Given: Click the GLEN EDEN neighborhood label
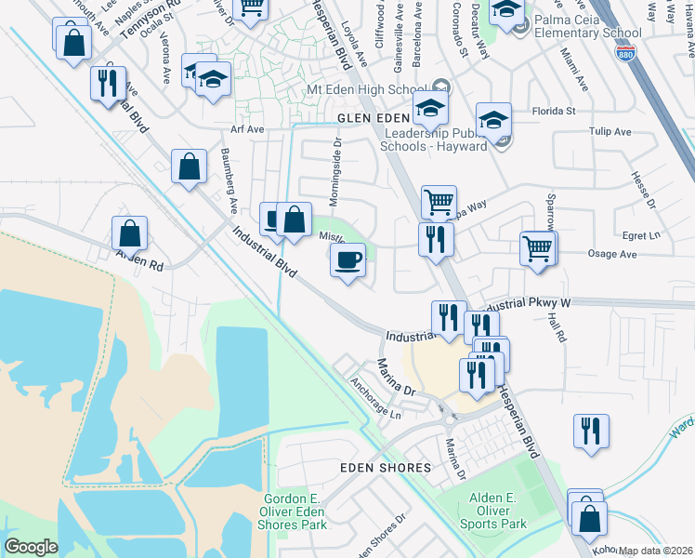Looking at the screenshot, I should pyautogui.click(x=373, y=119).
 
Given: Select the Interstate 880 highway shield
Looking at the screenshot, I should pyautogui.click(x=627, y=54).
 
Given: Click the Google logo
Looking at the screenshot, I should pyautogui.click(x=31, y=547).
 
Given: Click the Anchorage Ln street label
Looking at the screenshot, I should pyautogui.click(x=375, y=397).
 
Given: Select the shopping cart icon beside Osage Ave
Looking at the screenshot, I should pyautogui.click(x=538, y=248).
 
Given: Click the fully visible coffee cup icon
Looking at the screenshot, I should pyautogui.click(x=348, y=259).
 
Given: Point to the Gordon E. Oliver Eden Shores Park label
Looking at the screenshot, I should pyautogui.click(x=295, y=511).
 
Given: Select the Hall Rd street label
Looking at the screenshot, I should pyautogui.click(x=557, y=328).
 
